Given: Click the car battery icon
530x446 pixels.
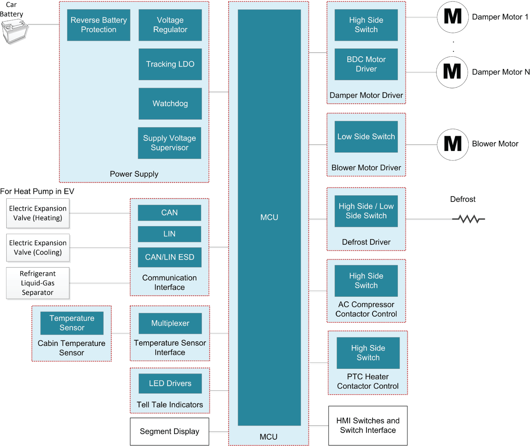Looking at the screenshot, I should [x=14, y=32].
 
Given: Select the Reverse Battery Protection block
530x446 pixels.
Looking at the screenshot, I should [x=98, y=25].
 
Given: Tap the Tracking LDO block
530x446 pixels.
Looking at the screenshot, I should [x=170, y=64].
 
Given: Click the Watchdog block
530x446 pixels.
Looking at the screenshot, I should [x=170, y=103].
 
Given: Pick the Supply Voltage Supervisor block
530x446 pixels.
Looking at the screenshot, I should [x=169, y=143].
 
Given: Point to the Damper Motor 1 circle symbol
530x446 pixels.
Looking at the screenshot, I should [x=452, y=17].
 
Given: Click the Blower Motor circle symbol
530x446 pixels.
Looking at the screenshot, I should [x=452, y=144].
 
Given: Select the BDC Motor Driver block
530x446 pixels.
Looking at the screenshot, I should [x=366, y=64].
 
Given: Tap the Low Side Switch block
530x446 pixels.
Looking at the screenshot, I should [x=366, y=137].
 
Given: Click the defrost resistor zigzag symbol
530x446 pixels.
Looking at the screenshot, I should [x=468, y=219].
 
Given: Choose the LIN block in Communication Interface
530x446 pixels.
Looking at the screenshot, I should [x=169, y=234].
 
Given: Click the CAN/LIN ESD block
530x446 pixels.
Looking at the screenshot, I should [x=169, y=257].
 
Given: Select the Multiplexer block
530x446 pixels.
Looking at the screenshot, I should [x=170, y=323].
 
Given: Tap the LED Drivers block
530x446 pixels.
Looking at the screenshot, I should [x=170, y=383].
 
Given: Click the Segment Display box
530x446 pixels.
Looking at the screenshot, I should [x=169, y=431].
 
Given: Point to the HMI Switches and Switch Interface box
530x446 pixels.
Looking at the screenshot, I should [x=367, y=425].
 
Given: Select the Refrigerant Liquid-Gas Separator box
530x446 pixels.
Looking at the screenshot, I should [x=38, y=283].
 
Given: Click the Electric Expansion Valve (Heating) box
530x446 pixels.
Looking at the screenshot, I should [x=38, y=213].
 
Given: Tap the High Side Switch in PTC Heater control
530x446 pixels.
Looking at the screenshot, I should [x=368, y=353].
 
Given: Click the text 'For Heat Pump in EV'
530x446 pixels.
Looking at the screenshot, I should [x=37, y=191].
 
